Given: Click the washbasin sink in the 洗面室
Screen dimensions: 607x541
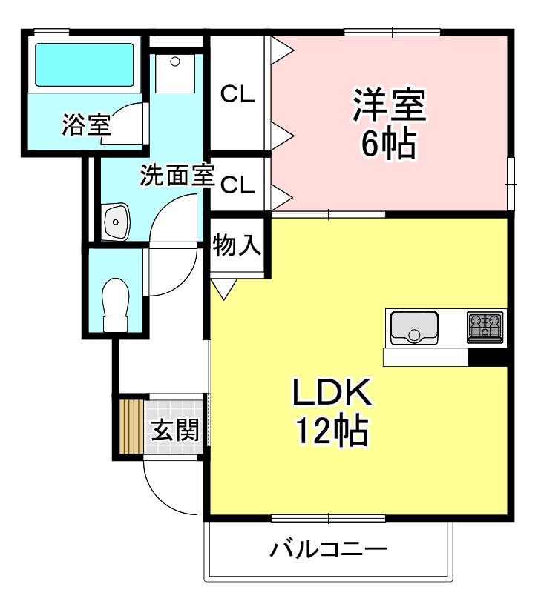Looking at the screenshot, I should [117, 220].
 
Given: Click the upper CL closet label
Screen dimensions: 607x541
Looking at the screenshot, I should [237, 94].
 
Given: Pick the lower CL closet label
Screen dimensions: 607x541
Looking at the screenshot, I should [237, 185].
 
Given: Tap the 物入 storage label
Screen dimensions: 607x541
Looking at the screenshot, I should [237, 245].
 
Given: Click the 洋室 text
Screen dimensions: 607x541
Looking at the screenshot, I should [389, 105].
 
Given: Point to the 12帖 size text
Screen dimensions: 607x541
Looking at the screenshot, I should [332, 429].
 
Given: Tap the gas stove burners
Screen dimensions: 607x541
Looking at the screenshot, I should [485, 327].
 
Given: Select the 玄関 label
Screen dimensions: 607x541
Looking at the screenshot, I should [176, 430].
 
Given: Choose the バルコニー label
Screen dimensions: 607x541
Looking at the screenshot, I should [329, 550].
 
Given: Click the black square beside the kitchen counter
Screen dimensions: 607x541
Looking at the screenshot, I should [488, 357].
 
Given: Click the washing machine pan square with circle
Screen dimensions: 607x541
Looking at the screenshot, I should [175, 72].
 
